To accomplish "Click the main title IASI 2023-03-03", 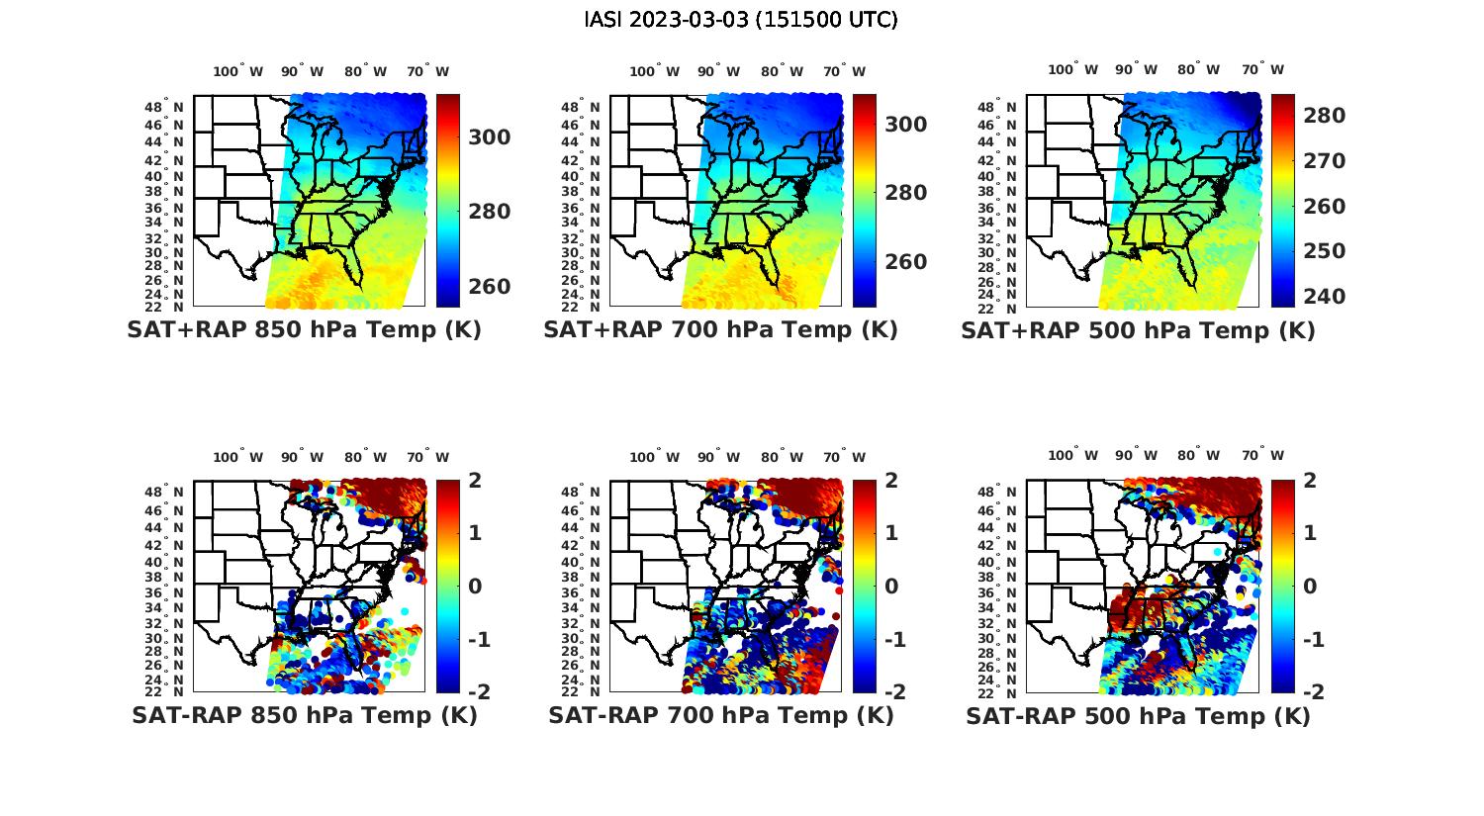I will [x=741, y=20].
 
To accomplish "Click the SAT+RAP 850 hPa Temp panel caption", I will [x=304, y=330].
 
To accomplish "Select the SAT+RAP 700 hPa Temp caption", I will [x=720, y=330].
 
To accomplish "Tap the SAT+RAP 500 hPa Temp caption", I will [x=1138, y=331].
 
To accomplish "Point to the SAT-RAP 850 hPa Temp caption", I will [x=304, y=715].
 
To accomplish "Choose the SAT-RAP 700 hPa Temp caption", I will [x=720, y=715].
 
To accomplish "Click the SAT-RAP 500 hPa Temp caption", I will [x=1138, y=716].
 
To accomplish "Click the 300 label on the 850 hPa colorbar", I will [x=489, y=137].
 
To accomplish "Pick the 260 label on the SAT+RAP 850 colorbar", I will [x=489, y=287].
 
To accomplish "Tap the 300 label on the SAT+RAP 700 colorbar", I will [x=905, y=125].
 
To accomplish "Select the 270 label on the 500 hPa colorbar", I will [x=1324, y=161].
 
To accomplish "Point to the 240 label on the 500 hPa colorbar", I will [x=1324, y=297].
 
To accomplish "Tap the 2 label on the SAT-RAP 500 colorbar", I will [x=1310, y=482].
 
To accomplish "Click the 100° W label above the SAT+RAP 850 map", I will [x=238, y=71].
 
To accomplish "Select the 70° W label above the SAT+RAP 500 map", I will [x=1262, y=69].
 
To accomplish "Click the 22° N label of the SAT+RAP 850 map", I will [x=171, y=307].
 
